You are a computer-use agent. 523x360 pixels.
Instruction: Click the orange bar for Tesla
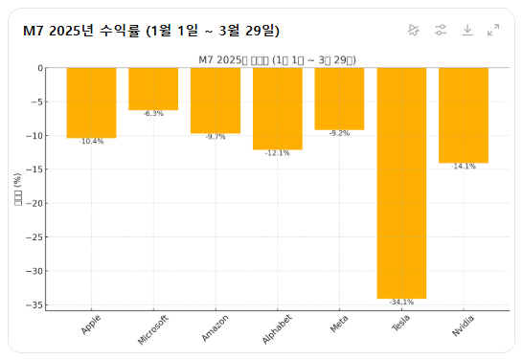[x=401, y=183]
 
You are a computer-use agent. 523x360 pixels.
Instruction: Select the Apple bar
[x=91, y=102]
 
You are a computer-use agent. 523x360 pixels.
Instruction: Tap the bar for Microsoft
[x=153, y=89]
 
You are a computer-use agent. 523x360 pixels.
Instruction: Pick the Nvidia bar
[x=463, y=115]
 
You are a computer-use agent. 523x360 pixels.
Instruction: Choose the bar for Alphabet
[x=277, y=108]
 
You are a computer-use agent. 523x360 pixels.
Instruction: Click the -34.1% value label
[x=401, y=303]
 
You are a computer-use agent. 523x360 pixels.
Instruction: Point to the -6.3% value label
[x=153, y=114]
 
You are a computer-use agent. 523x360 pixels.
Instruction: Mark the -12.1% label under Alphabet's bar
[x=277, y=153]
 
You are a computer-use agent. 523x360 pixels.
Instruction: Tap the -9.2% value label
[x=339, y=133]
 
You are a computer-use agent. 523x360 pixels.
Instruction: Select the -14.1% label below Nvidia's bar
[x=463, y=167]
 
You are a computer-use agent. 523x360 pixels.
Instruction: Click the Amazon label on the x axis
[x=216, y=331]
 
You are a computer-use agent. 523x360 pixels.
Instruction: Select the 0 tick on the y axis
[x=40, y=68]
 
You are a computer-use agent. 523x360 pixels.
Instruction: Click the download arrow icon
[x=467, y=30]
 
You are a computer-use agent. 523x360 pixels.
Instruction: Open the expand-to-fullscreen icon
[x=493, y=30]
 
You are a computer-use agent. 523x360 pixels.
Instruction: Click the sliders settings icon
[x=441, y=30]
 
